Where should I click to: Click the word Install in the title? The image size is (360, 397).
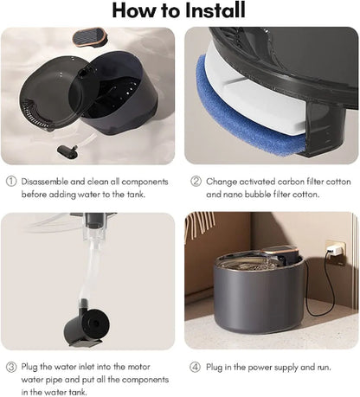(215, 10)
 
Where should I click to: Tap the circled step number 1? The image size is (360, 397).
(11, 182)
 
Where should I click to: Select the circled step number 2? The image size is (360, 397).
(196, 182)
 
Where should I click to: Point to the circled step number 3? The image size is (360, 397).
(11, 367)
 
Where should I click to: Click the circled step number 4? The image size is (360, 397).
(195, 367)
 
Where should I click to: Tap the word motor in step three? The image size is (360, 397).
(138, 367)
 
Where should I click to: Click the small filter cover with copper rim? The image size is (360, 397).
(90, 37)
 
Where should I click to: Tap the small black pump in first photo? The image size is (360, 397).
(67, 150)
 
